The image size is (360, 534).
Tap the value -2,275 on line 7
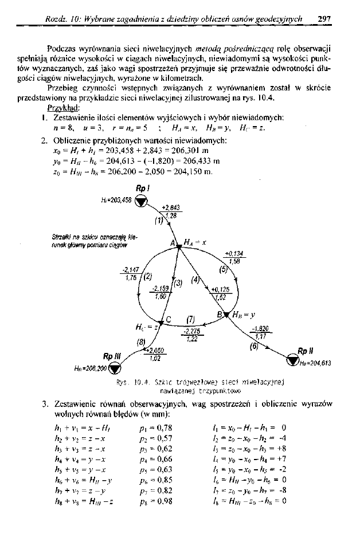(x=189, y=331)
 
